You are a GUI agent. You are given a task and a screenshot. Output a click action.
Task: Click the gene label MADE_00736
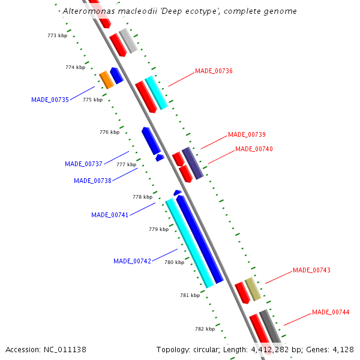click(214, 71)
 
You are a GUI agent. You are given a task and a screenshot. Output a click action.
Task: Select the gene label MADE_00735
click(50, 100)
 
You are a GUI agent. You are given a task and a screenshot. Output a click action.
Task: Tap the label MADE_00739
click(247, 134)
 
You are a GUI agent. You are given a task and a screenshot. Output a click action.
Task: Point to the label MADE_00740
click(254, 149)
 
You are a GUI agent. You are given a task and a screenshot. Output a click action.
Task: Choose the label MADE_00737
click(83, 164)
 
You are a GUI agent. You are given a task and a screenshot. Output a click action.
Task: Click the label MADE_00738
click(92, 181)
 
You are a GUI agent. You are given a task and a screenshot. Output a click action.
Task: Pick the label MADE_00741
click(110, 215)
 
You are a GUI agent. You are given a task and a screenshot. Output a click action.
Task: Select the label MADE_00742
click(132, 261)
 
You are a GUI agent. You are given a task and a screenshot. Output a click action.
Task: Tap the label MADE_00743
click(311, 270)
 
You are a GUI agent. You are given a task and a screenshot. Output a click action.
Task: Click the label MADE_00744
click(331, 312)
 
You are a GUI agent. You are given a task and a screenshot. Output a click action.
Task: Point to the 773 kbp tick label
click(57, 36)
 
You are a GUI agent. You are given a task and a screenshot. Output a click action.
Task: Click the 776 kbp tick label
click(109, 132)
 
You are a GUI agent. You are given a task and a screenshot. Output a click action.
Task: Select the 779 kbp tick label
click(158, 229)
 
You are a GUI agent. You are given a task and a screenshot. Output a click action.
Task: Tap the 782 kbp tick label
click(205, 329)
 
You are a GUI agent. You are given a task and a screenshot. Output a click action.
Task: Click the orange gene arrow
click(106, 79)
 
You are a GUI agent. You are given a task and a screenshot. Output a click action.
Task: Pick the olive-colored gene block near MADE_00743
click(253, 289)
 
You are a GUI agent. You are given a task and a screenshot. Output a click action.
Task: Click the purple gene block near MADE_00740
click(193, 163)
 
